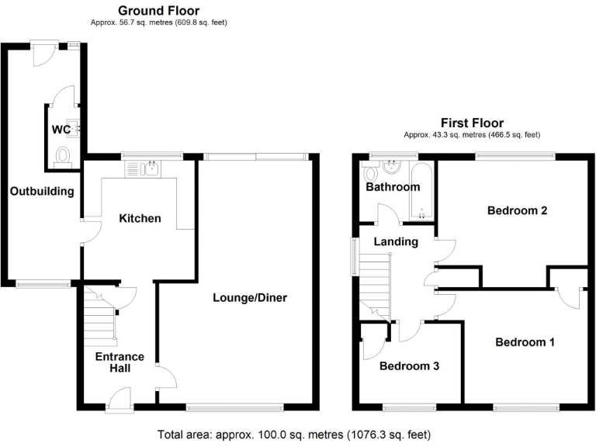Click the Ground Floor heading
point(158,11)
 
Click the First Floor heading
point(472,123)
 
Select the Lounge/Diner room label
point(252,297)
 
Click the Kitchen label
point(140,218)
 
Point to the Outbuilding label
point(42,191)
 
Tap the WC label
point(61,129)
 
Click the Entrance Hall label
point(120,362)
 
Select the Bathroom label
point(393,187)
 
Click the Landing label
point(396,241)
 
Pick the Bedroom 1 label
point(525,341)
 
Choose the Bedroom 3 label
point(409,366)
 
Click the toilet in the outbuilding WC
point(64,157)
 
